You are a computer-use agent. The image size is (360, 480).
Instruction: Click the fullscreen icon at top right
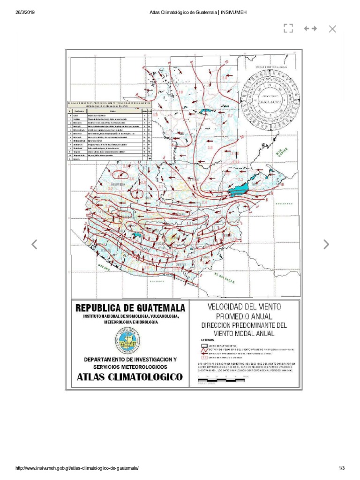(288, 29)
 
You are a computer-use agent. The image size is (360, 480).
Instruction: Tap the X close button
(332, 29)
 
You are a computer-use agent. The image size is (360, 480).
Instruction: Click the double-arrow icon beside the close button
(310, 29)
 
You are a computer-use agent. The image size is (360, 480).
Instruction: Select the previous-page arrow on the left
(34, 244)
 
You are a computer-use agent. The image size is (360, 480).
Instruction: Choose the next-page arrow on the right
(326, 244)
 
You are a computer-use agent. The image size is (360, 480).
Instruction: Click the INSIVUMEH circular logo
(127, 340)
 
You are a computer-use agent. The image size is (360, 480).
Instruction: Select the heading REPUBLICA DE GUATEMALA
(130, 308)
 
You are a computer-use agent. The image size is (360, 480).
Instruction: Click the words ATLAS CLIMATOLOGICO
(130, 377)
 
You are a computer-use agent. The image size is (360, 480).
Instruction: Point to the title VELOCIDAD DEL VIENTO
(244, 307)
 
